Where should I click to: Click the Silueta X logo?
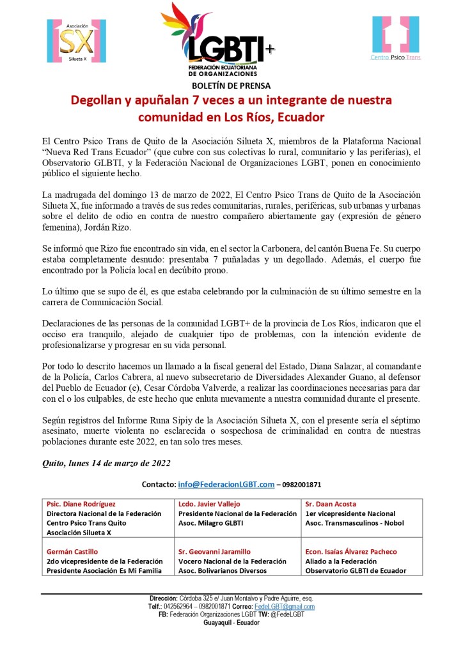[x=76, y=41]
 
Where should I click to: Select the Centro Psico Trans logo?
[x=395, y=38]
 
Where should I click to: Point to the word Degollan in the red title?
[x=98, y=100]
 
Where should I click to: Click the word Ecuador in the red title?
[x=299, y=118]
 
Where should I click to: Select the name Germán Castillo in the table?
[x=72, y=551]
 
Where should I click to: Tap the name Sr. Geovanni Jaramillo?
[x=214, y=551]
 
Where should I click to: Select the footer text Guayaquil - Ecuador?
[x=231, y=623]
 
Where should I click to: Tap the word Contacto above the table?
[x=158, y=485]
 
